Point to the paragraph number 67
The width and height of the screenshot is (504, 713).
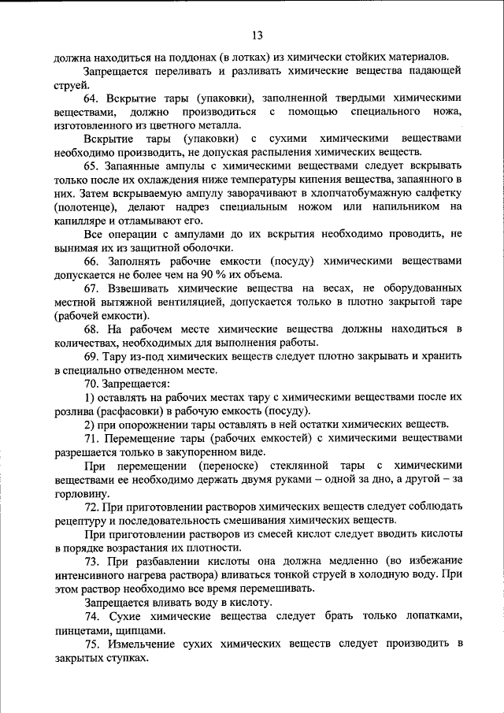tap(90, 289)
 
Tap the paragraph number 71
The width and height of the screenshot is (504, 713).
tap(90, 438)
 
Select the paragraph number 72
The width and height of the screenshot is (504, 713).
tap(90, 507)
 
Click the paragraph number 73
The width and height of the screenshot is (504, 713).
tap(90, 561)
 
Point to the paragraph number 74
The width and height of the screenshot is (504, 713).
tap(90, 616)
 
